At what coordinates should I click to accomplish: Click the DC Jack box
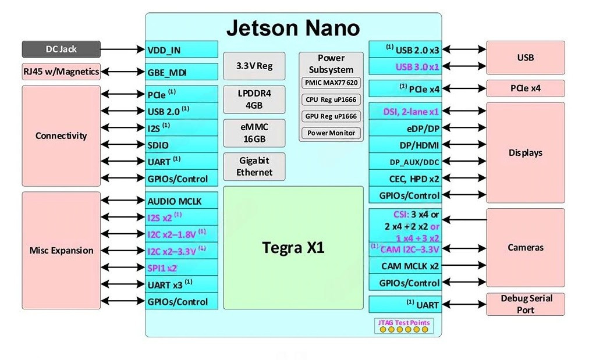coord(61,49)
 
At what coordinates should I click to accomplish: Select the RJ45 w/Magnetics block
coord(61,72)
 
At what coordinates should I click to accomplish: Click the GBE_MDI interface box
coord(182,73)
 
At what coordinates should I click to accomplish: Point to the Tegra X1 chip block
coord(293,248)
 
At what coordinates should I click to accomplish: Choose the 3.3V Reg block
coord(254,66)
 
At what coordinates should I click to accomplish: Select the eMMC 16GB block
coord(254,133)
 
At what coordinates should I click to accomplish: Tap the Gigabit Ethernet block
coord(254,166)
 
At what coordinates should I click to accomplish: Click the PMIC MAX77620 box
coord(331,83)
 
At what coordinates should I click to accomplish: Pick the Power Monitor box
coord(331,133)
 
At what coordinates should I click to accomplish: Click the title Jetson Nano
coord(293,28)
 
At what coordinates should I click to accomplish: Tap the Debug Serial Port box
coord(526,304)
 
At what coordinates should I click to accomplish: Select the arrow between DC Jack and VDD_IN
coord(123,49)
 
